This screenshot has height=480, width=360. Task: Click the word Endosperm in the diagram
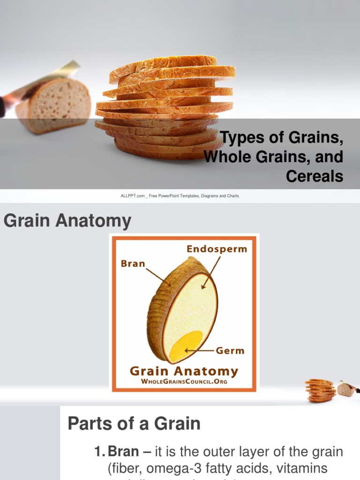click(217, 249)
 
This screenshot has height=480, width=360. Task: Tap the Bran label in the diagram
click(133, 263)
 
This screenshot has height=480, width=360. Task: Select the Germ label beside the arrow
click(230, 350)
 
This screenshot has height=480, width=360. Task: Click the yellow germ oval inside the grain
click(186, 346)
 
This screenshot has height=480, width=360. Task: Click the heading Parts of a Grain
click(134, 423)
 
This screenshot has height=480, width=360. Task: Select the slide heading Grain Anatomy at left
click(67, 220)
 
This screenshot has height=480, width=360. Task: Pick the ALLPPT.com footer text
click(180, 195)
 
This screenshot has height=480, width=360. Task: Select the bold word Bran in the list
click(123, 452)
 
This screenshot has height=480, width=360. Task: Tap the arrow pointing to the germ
click(199, 350)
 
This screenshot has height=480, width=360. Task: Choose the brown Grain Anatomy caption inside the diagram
click(184, 371)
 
